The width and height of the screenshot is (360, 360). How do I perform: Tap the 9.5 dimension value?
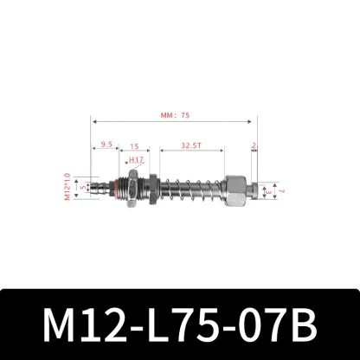tap(106, 146)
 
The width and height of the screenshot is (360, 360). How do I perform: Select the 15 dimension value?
tap(136, 146)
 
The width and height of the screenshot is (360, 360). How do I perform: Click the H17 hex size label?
tap(136, 161)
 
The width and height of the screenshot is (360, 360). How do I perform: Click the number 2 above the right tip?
tap(253, 146)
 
